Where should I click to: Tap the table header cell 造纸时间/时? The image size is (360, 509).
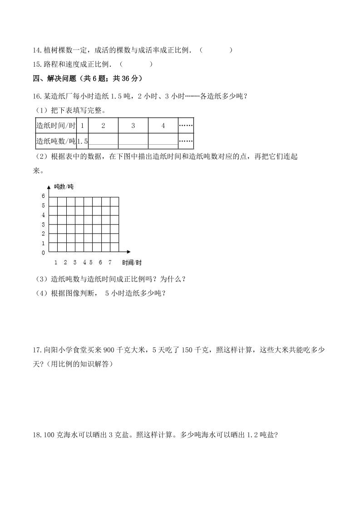point(56,126)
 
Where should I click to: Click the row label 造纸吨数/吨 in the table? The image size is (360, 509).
point(56,141)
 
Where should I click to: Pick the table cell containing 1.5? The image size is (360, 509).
point(82,141)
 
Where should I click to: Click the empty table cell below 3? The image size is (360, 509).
point(133,141)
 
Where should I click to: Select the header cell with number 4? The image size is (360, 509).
point(163,126)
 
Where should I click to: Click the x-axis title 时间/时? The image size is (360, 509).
point(132,263)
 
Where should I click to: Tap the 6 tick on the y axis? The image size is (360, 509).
point(44,196)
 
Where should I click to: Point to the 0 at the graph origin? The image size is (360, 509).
point(44,252)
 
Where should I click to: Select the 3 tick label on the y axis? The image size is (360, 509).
point(44,225)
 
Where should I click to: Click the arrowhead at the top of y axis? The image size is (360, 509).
point(49,187)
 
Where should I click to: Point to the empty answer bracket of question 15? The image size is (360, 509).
point(136,64)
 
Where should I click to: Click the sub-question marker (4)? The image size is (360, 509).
point(43,293)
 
